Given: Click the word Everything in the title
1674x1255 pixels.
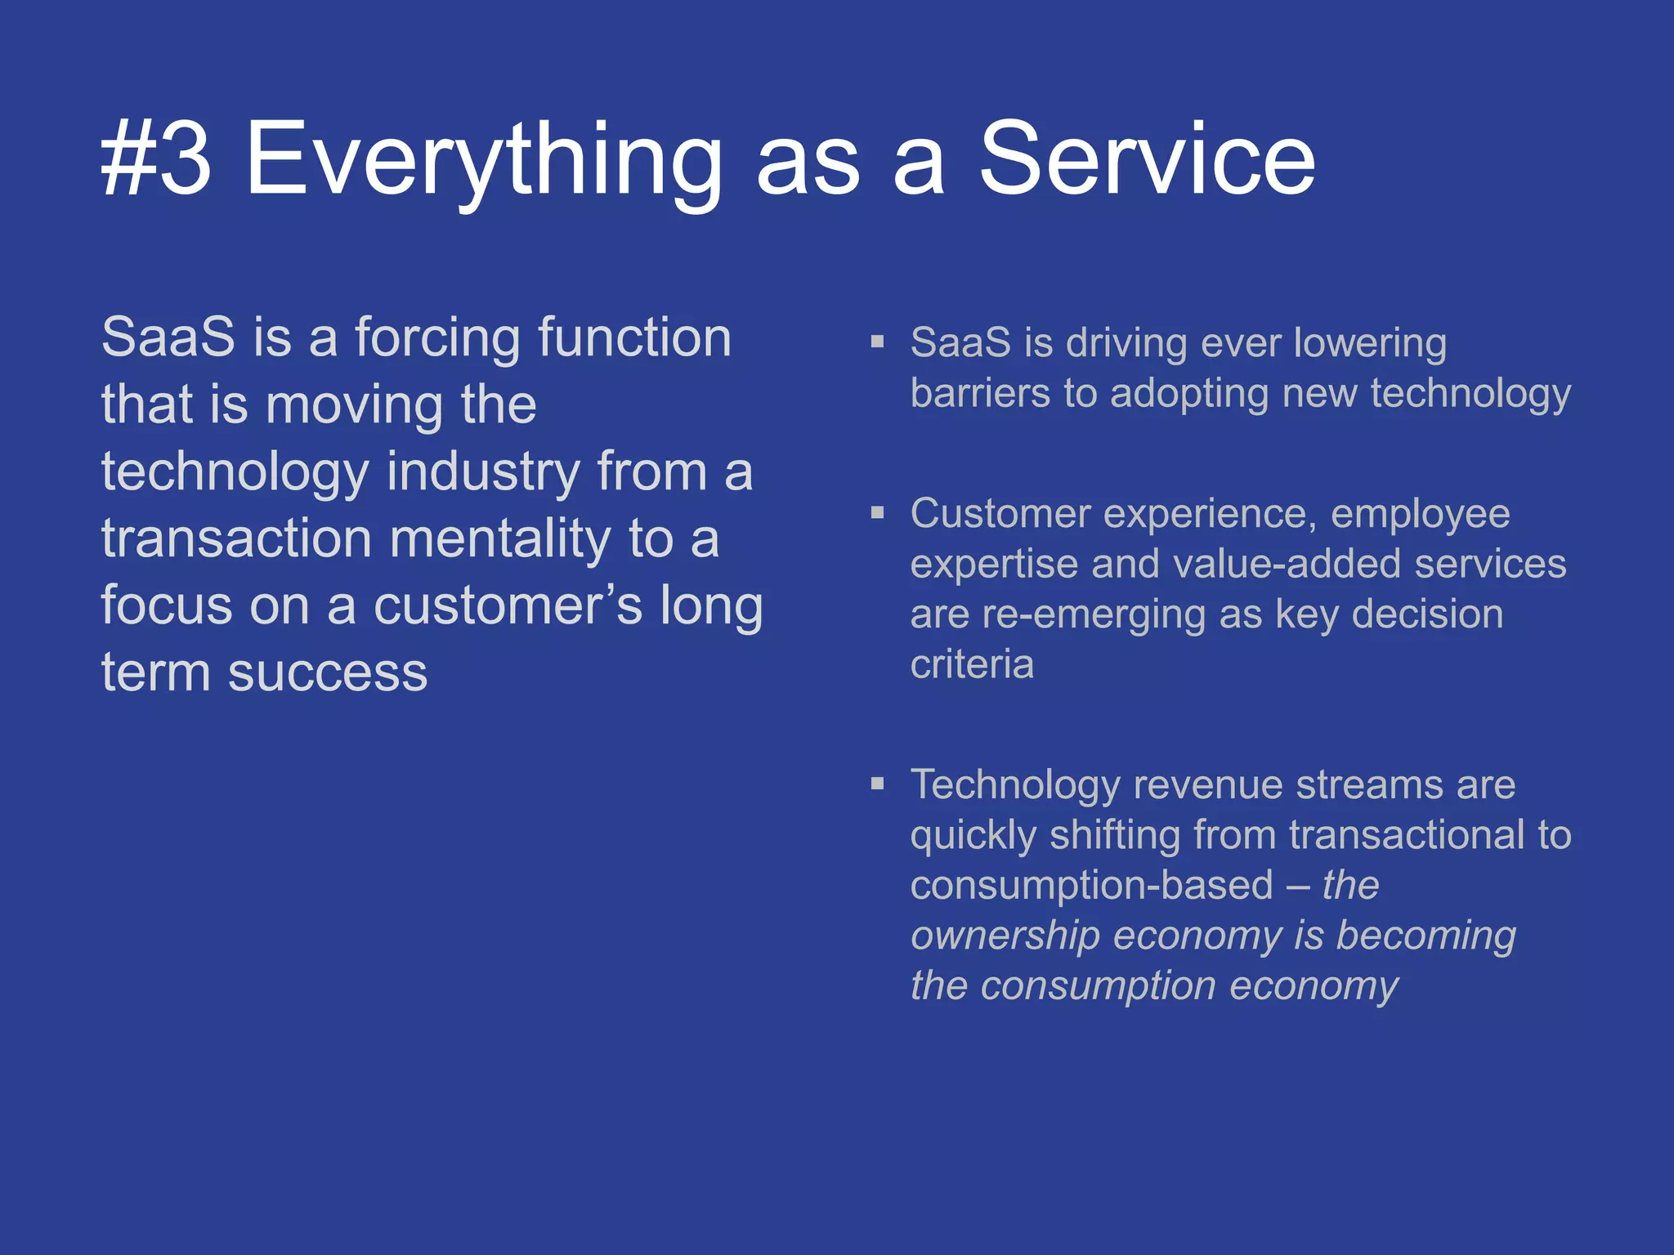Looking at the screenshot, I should [483, 160].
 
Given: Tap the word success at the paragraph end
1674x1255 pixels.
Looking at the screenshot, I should [327, 674].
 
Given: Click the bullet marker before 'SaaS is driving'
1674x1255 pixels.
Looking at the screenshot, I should [878, 342].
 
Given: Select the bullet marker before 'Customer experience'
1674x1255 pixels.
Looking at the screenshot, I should [878, 513].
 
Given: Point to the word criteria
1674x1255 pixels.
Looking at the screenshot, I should [972, 664].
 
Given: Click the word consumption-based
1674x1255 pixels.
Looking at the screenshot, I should [1091, 886].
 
